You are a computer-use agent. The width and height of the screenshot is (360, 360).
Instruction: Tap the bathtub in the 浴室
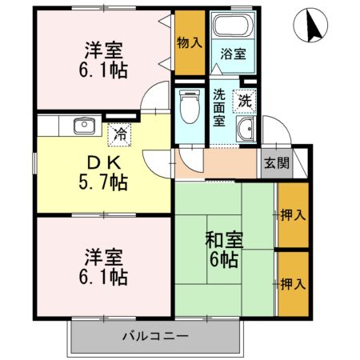point(233,26)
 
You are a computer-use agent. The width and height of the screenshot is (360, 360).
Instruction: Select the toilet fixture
point(190,106)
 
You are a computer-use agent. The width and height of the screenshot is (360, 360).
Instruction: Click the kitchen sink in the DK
point(84,126)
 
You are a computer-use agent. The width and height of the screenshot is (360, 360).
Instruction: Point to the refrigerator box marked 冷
point(119,134)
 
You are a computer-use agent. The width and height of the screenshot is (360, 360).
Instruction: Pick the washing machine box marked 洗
point(244,102)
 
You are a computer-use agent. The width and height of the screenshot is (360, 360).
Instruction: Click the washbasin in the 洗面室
point(246,129)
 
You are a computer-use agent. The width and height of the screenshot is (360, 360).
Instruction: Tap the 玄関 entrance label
point(277,163)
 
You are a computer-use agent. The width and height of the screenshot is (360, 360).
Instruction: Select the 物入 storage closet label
point(190,42)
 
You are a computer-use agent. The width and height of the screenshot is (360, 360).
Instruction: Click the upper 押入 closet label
point(293,215)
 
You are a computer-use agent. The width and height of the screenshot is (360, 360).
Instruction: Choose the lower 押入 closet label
point(293,284)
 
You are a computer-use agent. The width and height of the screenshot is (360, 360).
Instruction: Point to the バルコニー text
point(155,336)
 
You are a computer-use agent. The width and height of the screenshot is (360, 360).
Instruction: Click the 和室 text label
point(224,240)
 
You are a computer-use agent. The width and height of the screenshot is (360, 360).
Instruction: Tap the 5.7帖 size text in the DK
point(103,182)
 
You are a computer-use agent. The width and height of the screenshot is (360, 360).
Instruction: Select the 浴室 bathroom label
point(233,54)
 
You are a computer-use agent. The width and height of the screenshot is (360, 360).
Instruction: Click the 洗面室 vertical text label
point(219,107)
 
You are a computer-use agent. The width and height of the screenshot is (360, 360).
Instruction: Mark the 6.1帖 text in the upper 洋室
point(103,70)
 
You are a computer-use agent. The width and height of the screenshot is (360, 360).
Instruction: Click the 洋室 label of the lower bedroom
point(103,257)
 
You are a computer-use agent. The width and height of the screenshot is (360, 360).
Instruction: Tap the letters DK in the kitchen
point(104,163)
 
